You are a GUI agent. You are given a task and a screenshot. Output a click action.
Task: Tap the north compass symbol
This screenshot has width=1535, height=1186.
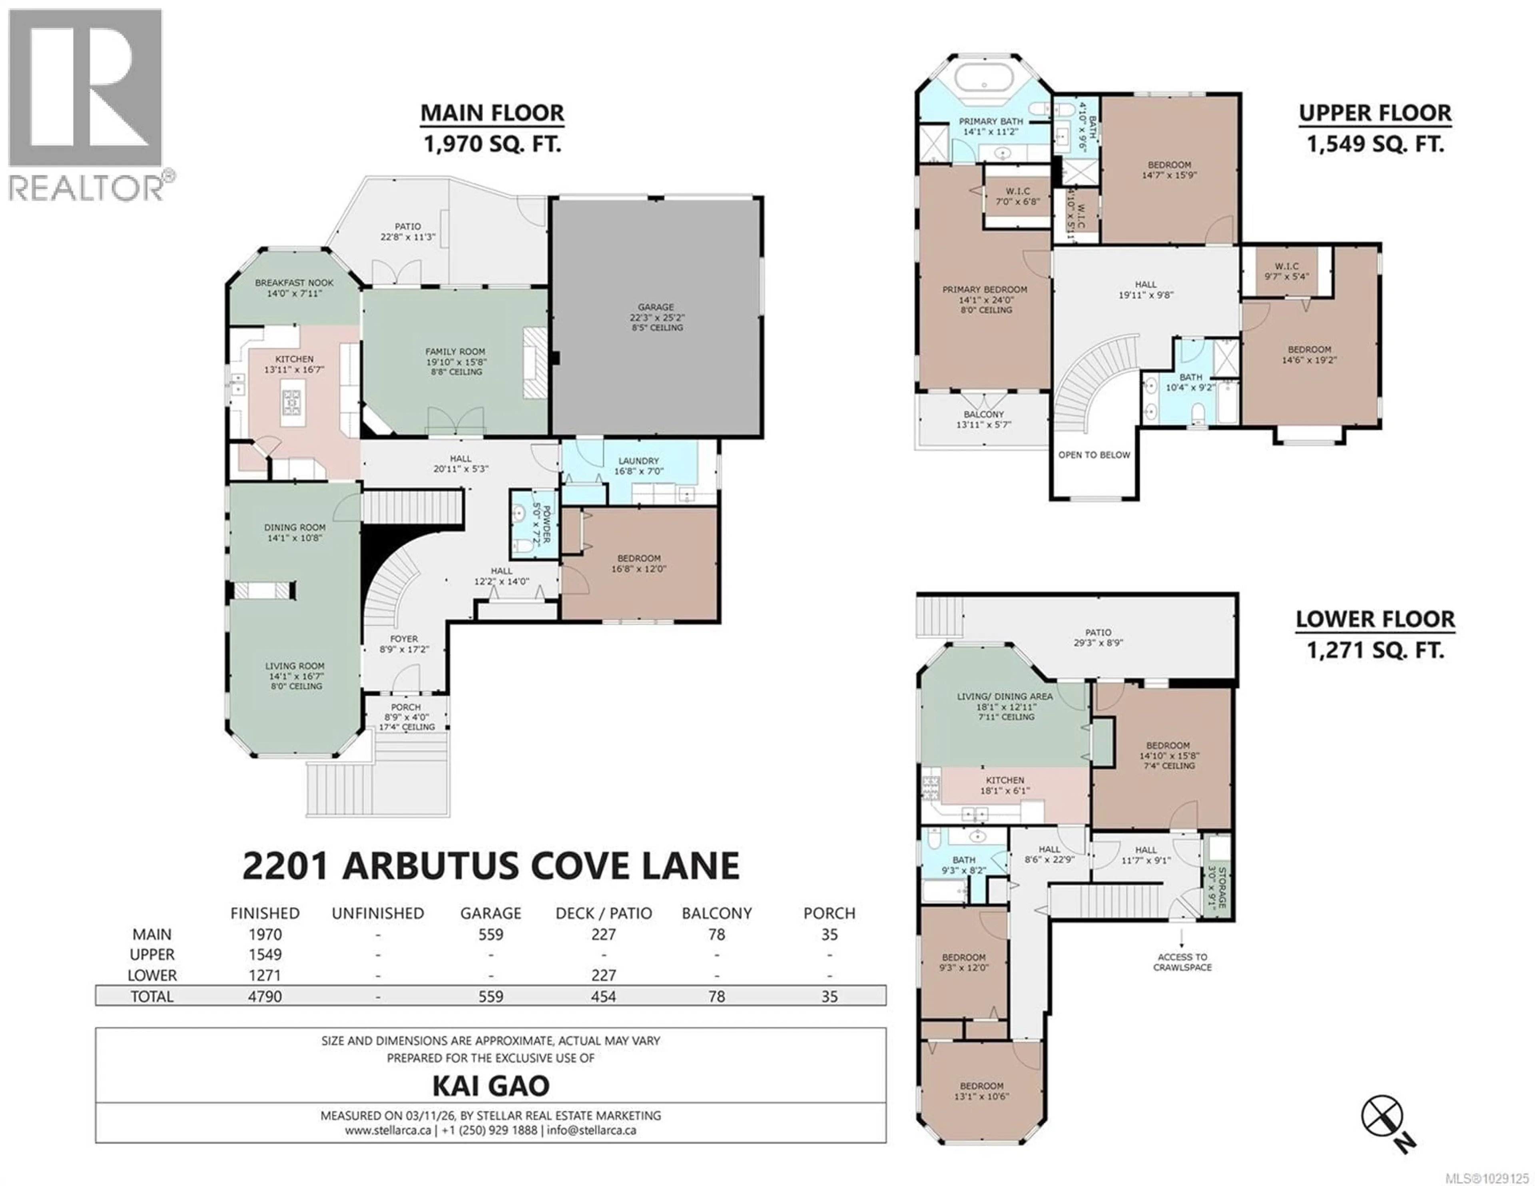(1382, 1116)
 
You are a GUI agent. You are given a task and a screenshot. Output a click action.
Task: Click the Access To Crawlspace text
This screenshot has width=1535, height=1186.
(1182, 962)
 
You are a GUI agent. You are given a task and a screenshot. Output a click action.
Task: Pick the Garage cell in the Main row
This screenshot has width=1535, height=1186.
(490, 934)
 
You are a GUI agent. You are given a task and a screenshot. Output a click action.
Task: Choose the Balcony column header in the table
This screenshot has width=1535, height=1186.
(716, 913)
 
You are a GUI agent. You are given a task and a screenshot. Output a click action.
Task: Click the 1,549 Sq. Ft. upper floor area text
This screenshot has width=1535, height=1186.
(1375, 144)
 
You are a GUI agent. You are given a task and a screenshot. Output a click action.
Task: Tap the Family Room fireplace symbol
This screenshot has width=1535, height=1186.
(534, 364)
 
